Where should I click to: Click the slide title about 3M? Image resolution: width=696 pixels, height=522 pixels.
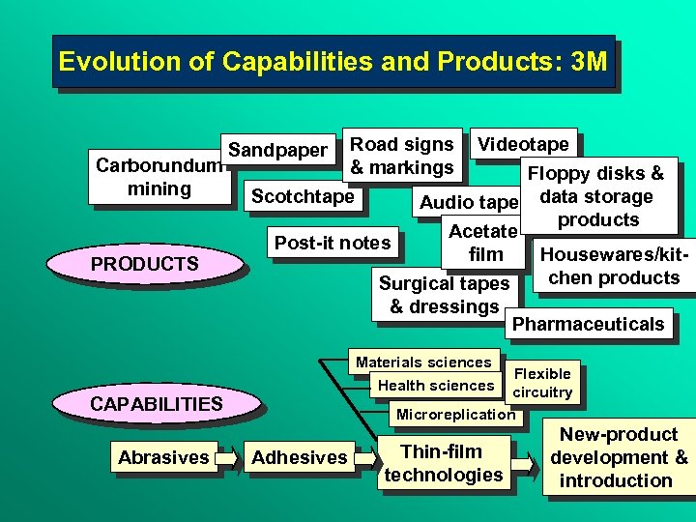pos(333,62)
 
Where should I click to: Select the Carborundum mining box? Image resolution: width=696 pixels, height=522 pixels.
pos(159,177)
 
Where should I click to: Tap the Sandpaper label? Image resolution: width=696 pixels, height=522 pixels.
pos(277,150)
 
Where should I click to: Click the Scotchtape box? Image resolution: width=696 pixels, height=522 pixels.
pos(303,196)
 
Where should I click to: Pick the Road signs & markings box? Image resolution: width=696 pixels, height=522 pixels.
pos(401,156)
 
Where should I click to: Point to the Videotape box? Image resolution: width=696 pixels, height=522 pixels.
pos(524,144)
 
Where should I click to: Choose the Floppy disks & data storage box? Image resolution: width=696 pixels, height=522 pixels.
pos(597,196)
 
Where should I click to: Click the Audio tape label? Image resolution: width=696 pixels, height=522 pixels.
pos(469,202)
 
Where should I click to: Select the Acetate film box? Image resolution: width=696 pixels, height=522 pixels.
pos(485,243)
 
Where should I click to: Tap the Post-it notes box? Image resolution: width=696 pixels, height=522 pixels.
pos(333,243)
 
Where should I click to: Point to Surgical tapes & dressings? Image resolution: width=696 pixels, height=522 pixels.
pos(444,295)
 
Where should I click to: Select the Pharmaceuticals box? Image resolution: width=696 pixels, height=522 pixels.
pos(588,324)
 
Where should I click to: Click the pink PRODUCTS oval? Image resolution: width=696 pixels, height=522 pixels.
pos(144,264)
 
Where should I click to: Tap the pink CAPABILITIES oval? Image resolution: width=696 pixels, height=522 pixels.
pos(156,403)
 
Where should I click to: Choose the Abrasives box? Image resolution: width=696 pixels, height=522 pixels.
pos(163,457)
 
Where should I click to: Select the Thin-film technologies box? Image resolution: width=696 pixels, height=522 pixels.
pos(443,463)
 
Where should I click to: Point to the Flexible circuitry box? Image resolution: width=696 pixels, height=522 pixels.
pos(542,383)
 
